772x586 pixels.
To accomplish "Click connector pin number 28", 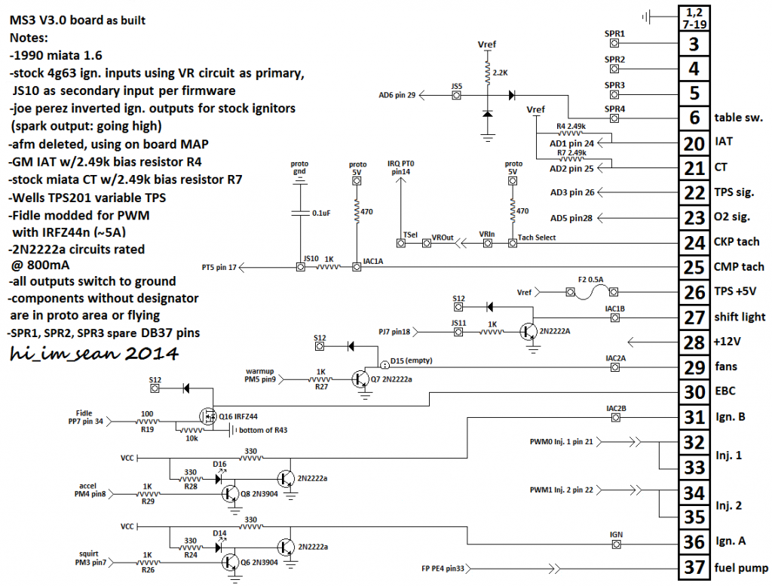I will click(x=693, y=342).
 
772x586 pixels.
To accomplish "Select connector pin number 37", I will click(x=693, y=566).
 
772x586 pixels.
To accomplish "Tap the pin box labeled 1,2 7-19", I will click(x=693, y=18).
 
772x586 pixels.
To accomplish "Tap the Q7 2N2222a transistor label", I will click(x=392, y=379).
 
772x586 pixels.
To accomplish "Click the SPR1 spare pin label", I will click(x=615, y=34).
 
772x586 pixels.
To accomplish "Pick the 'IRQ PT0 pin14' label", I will click(x=402, y=167).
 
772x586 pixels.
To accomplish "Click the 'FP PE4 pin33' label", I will click(x=447, y=568).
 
